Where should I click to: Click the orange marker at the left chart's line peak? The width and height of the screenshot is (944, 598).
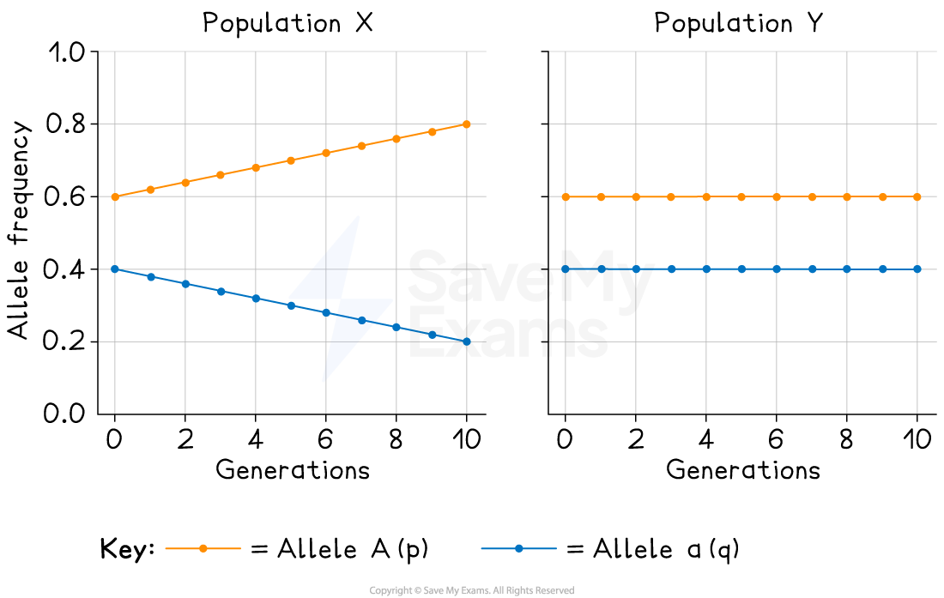point(466,124)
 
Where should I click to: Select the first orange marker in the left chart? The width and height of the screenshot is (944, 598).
point(115,196)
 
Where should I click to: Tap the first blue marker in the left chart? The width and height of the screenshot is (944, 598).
point(115,269)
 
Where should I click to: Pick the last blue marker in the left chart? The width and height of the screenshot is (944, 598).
point(467,341)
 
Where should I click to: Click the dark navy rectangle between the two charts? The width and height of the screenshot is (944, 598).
point(508,160)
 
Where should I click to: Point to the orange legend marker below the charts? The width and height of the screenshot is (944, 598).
point(203,548)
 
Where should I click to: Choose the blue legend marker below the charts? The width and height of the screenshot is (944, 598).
point(518,548)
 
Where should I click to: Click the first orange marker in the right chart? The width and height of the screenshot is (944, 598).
point(566,196)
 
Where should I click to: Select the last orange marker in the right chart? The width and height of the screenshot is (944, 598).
point(917,196)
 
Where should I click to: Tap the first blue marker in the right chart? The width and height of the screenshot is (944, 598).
point(566,269)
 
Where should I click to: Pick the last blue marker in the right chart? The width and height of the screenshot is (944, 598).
point(917,269)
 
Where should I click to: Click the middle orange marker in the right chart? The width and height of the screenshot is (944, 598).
point(741,196)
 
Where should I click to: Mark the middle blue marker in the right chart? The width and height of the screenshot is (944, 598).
point(741,269)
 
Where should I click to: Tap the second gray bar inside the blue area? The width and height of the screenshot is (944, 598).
point(264,322)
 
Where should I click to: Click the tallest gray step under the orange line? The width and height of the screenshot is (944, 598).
point(426,167)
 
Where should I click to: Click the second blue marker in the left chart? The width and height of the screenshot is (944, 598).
point(151,276)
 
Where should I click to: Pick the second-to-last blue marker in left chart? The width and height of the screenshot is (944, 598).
point(432,334)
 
